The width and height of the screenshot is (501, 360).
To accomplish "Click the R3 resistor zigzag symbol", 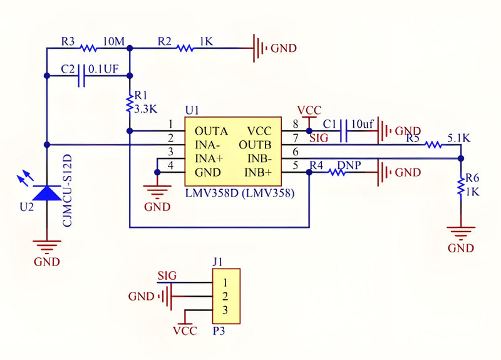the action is (88, 48).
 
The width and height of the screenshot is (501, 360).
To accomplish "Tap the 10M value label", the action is (114, 41).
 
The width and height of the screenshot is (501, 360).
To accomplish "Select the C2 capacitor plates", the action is (82, 76).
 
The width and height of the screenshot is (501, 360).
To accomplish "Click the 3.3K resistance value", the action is (146, 109).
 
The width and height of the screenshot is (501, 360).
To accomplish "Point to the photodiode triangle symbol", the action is (47, 193).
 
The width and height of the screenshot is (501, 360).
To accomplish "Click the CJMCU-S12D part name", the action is (68, 191).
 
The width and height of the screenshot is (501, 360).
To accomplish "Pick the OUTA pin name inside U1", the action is (211, 131).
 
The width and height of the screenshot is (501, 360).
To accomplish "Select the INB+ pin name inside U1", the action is (258, 173).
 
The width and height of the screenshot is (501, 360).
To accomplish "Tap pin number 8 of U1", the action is (296, 124).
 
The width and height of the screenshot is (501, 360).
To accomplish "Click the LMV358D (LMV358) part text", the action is (240, 193).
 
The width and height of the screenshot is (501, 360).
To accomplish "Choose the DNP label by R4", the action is (349, 165).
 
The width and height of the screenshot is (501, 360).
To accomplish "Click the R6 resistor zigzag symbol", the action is (461, 187).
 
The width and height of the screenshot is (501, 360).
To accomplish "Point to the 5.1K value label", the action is (459, 138).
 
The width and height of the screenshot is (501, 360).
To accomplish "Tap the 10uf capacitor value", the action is (363, 124).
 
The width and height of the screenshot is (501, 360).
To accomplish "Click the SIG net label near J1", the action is (167, 275).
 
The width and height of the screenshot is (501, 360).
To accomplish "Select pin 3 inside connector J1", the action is (225, 310).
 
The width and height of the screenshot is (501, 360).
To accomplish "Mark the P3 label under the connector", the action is (219, 331).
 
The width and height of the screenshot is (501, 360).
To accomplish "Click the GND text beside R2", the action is (284, 48).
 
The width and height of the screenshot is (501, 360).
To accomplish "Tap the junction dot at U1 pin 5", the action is (309, 173).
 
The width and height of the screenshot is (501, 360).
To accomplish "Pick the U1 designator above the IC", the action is (192, 111).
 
